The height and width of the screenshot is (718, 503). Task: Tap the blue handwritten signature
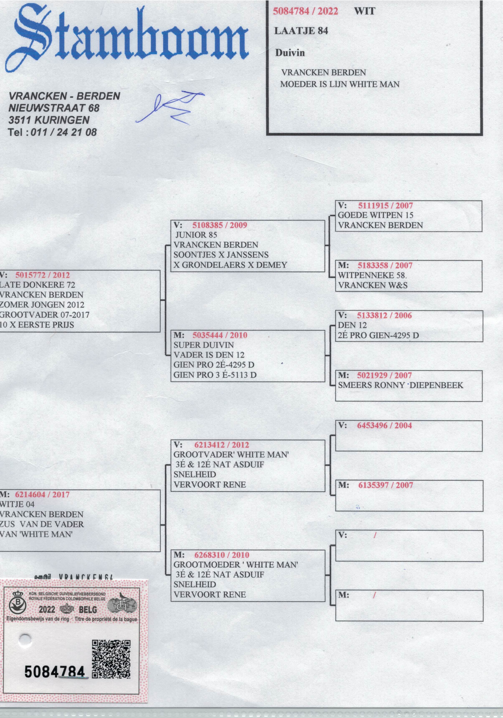[x=170, y=108]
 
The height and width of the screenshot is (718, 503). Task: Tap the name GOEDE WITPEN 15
[x=375, y=215]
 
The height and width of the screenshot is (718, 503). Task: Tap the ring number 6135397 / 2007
[x=385, y=485]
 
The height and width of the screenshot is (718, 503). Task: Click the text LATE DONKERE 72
[x=38, y=285]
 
